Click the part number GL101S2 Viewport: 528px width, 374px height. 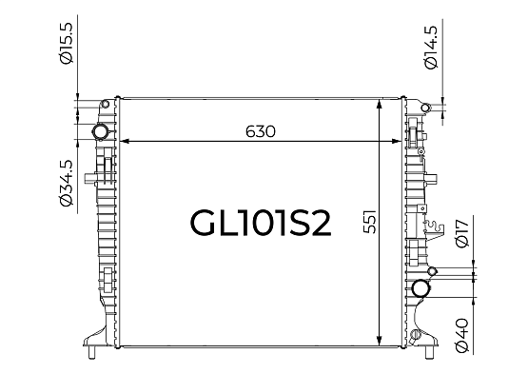(261, 224)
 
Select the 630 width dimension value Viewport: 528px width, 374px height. (261, 131)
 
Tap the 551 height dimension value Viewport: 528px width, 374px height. (370, 223)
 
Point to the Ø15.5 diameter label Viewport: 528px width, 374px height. (66, 43)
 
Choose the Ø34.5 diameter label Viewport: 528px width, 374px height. (66, 183)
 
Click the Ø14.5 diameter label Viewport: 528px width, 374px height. (431, 48)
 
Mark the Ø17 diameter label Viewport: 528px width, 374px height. (461, 233)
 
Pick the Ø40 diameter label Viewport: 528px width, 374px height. (461, 335)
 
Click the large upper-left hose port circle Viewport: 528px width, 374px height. (100, 131)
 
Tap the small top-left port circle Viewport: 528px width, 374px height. (106, 104)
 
